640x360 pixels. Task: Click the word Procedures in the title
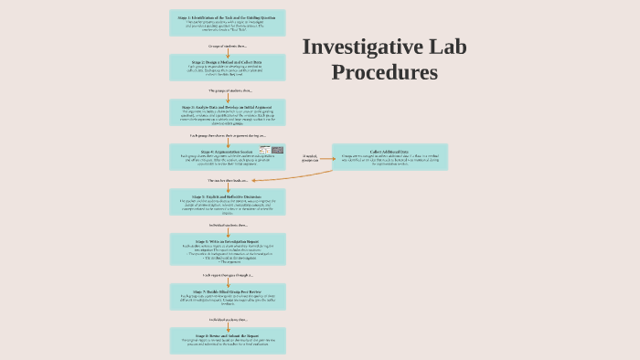[384, 72]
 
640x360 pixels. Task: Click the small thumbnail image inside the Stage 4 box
[272, 150]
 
